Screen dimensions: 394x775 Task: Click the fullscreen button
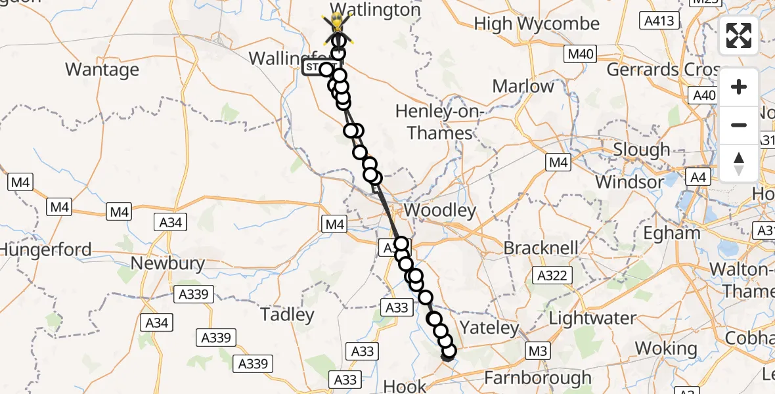tap(739, 35)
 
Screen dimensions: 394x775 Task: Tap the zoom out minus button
tap(739, 125)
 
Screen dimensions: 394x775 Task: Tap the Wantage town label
tap(102, 70)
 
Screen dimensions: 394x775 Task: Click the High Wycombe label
tap(537, 24)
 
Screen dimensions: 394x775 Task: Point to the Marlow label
tap(523, 86)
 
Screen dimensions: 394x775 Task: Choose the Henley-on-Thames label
tap(439, 123)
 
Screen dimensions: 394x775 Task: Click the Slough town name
tap(641, 150)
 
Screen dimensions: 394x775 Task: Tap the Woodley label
tap(440, 211)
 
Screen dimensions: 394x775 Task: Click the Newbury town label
tap(167, 264)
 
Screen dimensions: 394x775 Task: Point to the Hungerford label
tap(46, 250)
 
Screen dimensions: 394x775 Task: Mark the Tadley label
tap(287, 315)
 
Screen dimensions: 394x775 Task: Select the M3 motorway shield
tap(538, 351)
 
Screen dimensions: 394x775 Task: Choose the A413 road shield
tap(659, 21)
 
